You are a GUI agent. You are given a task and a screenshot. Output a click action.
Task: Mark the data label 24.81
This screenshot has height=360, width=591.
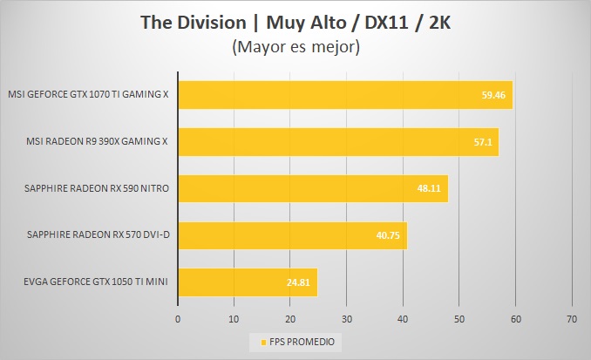click(x=300, y=282)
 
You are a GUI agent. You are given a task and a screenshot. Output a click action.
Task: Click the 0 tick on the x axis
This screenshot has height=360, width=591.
click(x=178, y=319)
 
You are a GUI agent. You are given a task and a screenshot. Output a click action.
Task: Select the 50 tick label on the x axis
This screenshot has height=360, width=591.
click(x=459, y=319)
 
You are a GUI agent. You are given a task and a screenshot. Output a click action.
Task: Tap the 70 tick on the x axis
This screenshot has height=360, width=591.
click(x=572, y=319)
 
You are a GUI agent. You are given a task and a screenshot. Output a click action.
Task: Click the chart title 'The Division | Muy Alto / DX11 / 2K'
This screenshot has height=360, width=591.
click(x=295, y=22)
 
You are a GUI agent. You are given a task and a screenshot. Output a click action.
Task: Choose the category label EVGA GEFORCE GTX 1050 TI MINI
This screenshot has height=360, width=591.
click(x=88, y=282)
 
